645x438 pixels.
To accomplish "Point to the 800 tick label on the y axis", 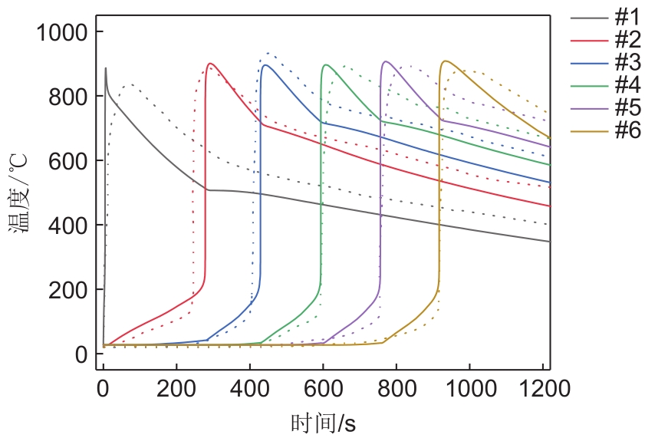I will (x=69, y=97).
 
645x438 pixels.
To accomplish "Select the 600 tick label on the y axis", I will (x=69, y=161).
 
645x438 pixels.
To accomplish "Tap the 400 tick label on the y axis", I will (x=69, y=226).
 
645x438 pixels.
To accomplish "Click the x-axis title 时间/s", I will (x=323, y=423).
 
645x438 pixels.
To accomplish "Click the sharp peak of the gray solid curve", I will (x=106, y=68).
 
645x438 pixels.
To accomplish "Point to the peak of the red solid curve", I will (x=209, y=64).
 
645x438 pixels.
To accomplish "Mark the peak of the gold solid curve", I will (x=445, y=61).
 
